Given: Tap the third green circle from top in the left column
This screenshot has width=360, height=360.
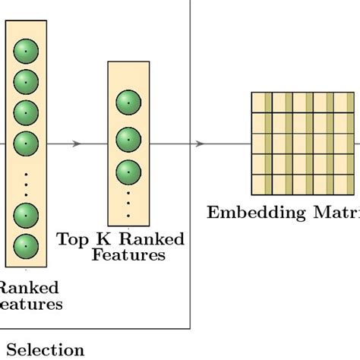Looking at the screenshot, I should click(x=26, y=112).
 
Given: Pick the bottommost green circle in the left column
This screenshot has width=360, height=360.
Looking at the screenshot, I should click(x=26, y=245).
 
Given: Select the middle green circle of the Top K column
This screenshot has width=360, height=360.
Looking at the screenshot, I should click(x=128, y=140).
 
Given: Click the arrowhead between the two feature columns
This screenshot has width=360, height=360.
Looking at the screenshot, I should click(x=77, y=144).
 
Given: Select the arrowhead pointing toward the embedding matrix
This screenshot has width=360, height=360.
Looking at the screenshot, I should click(x=200, y=144).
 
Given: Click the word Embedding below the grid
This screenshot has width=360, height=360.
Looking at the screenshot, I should click(x=249, y=212).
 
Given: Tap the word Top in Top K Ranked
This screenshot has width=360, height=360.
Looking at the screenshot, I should click(x=72, y=240).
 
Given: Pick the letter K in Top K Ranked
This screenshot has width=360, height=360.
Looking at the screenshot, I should click(x=102, y=240).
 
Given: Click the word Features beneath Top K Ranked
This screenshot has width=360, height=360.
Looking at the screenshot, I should click(x=128, y=255).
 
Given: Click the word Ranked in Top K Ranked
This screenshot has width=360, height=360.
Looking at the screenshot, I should click(x=149, y=240).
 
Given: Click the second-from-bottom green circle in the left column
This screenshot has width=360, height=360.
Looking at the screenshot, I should click(x=26, y=213).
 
